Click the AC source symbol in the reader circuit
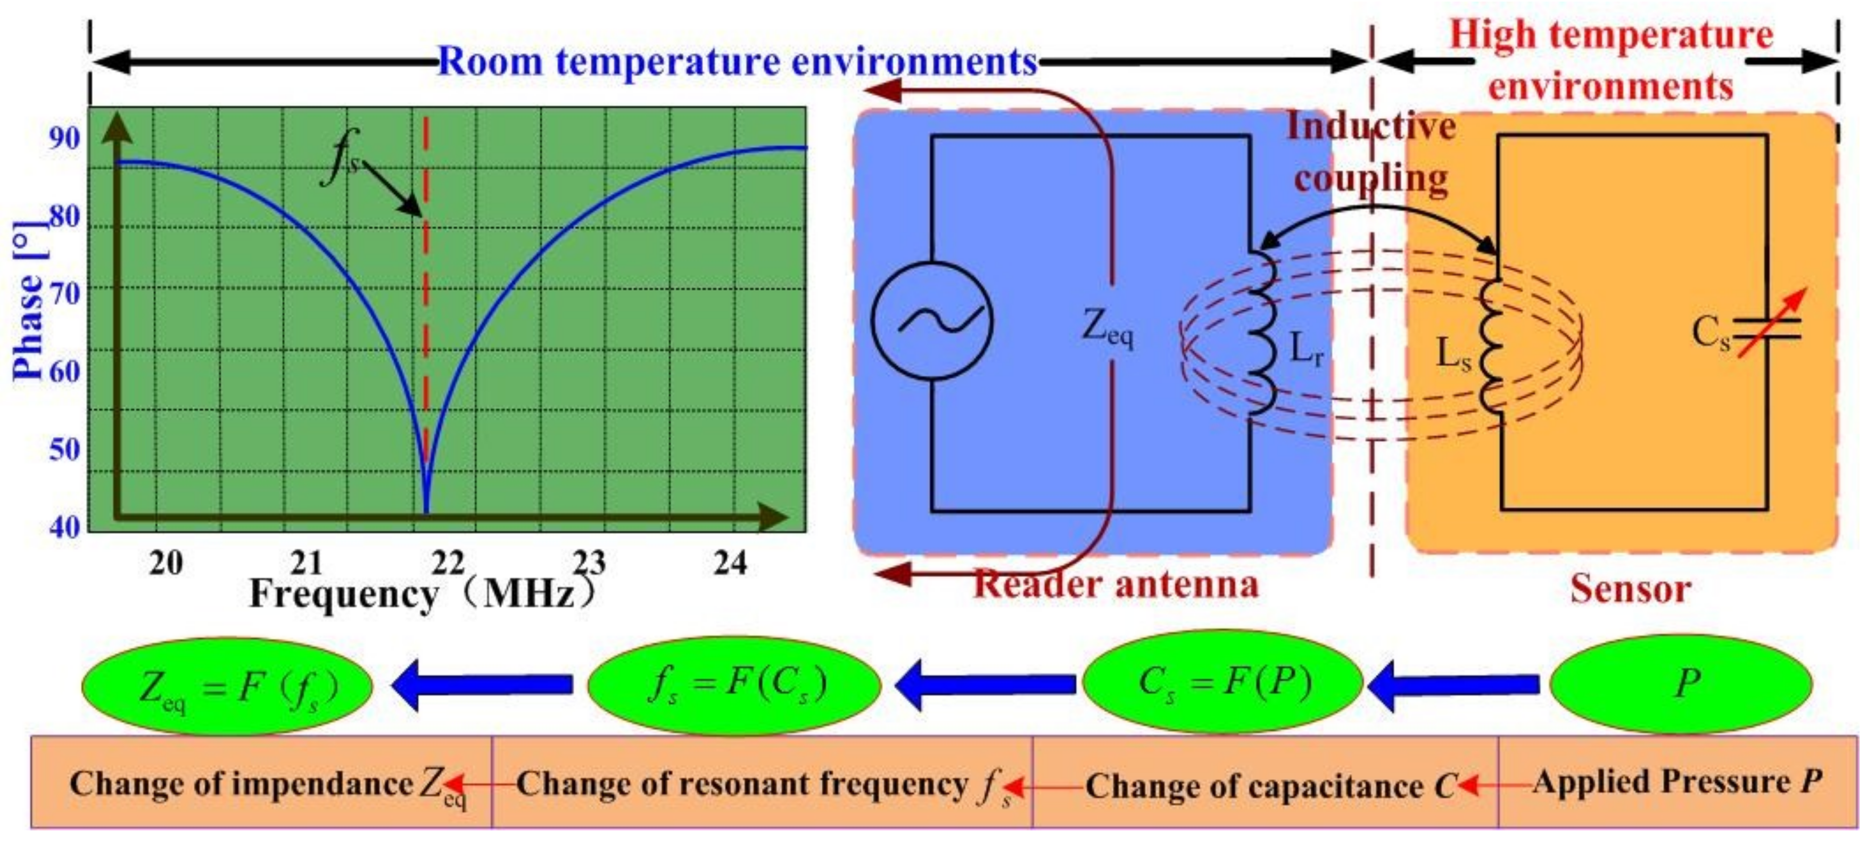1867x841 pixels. click(x=932, y=320)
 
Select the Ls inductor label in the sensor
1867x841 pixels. click(x=1453, y=354)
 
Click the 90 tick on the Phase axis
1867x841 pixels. click(x=64, y=138)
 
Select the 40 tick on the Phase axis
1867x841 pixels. click(x=64, y=526)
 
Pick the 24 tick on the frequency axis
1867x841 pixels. click(x=730, y=563)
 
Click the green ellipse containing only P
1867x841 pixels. click(x=1680, y=683)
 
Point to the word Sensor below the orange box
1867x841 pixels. click(x=1630, y=589)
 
